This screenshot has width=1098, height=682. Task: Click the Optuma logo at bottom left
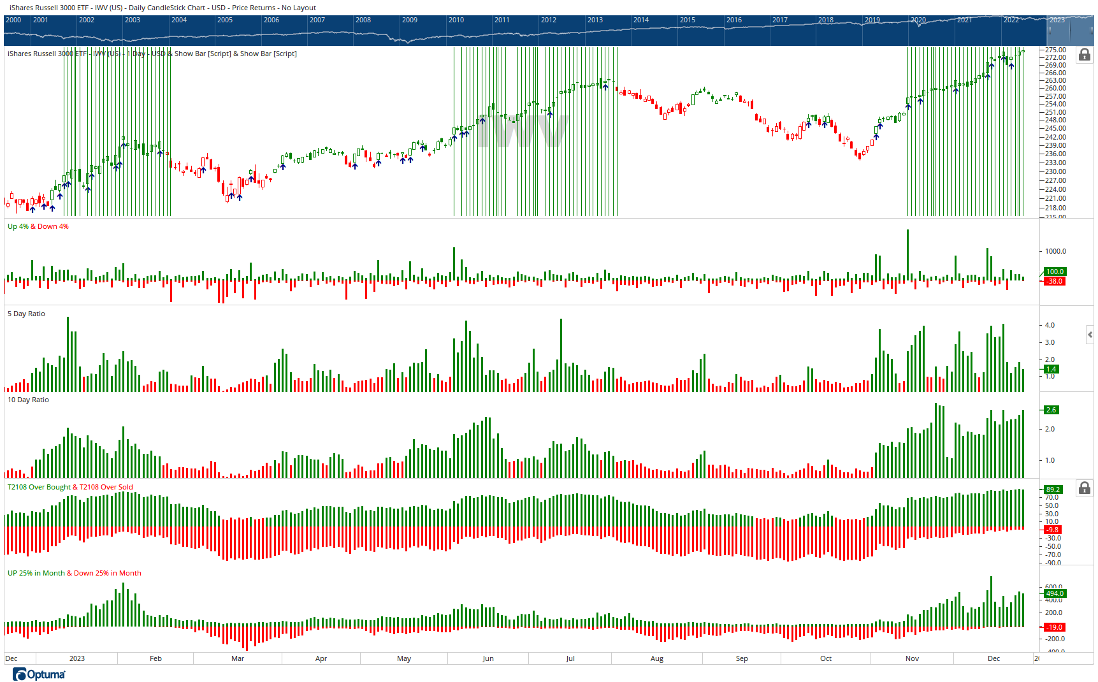click(x=39, y=674)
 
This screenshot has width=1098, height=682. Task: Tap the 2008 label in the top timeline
click(x=363, y=20)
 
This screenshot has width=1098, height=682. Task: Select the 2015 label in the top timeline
click(x=687, y=20)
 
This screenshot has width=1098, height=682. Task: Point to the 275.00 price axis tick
click(x=1055, y=50)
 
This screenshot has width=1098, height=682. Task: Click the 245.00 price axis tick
click(x=1055, y=128)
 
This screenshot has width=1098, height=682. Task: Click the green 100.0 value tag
click(x=1055, y=272)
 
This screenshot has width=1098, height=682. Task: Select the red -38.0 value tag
click(x=1055, y=281)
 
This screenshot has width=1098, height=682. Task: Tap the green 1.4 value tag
click(x=1051, y=369)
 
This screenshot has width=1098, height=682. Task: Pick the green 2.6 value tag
click(x=1051, y=410)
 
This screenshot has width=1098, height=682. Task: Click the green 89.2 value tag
click(x=1053, y=490)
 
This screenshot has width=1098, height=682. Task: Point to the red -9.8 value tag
click(x=1052, y=530)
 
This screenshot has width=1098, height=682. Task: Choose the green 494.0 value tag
click(x=1055, y=593)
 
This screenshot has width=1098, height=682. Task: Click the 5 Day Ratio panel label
click(x=26, y=314)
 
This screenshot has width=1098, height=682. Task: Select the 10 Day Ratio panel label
click(x=28, y=400)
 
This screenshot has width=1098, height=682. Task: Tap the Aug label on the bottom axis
click(x=656, y=658)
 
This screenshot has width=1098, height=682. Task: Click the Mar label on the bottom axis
click(x=237, y=658)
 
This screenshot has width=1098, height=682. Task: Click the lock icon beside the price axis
click(x=1084, y=55)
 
